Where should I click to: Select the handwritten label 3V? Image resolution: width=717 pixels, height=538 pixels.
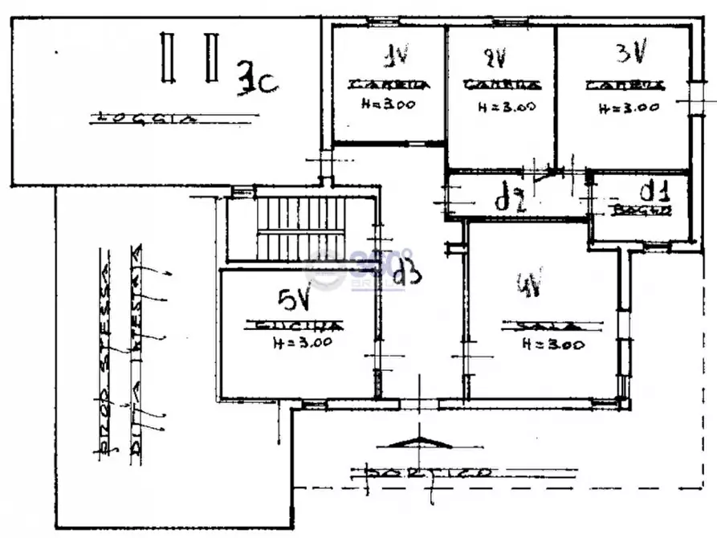(x=631, y=54)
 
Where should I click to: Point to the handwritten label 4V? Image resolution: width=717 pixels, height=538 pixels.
(x=530, y=285)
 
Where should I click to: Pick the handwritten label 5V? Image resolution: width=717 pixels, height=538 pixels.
(x=294, y=300)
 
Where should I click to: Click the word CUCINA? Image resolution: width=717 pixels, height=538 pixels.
(x=295, y=327)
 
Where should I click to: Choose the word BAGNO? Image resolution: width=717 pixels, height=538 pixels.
(x=639, y=210)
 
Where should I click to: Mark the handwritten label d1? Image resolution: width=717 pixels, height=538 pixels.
(x=654, y=192)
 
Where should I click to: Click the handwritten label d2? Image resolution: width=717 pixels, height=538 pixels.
(x=509, y=198)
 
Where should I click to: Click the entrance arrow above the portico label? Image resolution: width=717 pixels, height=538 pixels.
(x=418, y=442)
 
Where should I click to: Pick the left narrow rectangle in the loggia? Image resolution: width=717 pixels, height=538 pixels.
(x=167, y=56)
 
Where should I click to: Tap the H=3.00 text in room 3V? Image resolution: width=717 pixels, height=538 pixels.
(x=629, y=106)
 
